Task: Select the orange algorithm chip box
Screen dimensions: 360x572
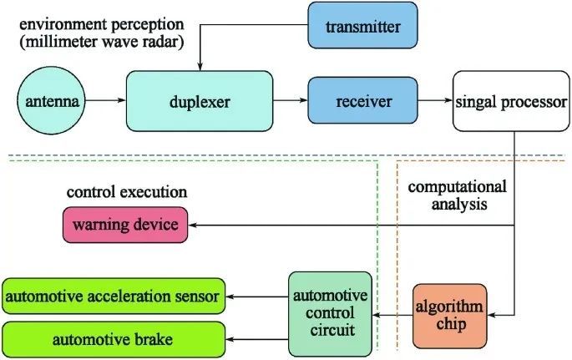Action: [450, 316]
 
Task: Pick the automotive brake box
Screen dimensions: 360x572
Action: [114, 340]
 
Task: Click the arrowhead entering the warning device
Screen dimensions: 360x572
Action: [191, 224]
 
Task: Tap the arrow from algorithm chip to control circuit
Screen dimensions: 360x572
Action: [392, 316]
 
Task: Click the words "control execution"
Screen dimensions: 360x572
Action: [126, 192]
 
